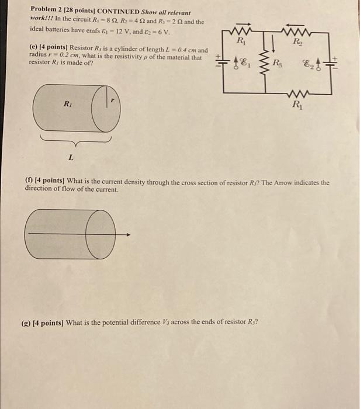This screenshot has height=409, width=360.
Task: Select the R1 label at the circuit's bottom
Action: click(297, 106)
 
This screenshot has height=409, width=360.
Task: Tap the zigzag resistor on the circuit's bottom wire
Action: click(297, 94)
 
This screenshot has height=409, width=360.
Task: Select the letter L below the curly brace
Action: click(71, 157)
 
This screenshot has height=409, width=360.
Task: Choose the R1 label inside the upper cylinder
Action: click(68, 105)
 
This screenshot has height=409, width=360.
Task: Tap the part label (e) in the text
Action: click(34, 50)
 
